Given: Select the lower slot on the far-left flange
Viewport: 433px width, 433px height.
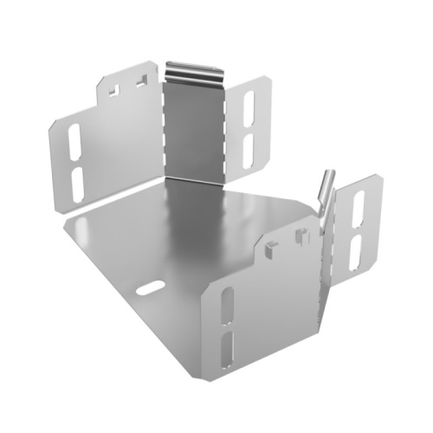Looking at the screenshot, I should tap(76, 180).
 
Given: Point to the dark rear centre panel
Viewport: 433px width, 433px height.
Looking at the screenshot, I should tap(194, 130).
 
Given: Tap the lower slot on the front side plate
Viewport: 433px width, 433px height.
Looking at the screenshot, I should tap(227, 352).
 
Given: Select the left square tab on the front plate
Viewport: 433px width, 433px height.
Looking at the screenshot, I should tap(272, 249).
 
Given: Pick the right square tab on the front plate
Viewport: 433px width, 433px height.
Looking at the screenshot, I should tap(302, 234).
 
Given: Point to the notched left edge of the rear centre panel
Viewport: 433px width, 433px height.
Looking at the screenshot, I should tap(163, 130).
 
